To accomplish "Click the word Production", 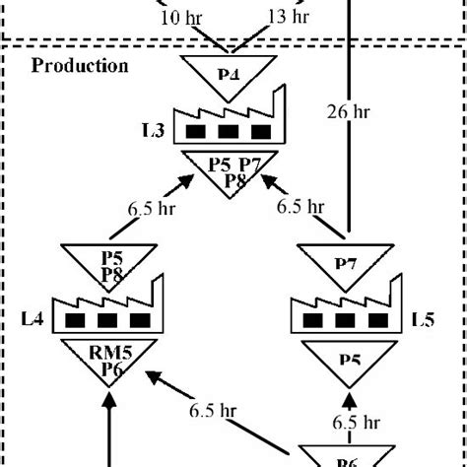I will click(80, 67).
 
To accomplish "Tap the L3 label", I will click(154, 129).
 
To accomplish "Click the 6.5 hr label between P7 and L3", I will click(300, 207).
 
